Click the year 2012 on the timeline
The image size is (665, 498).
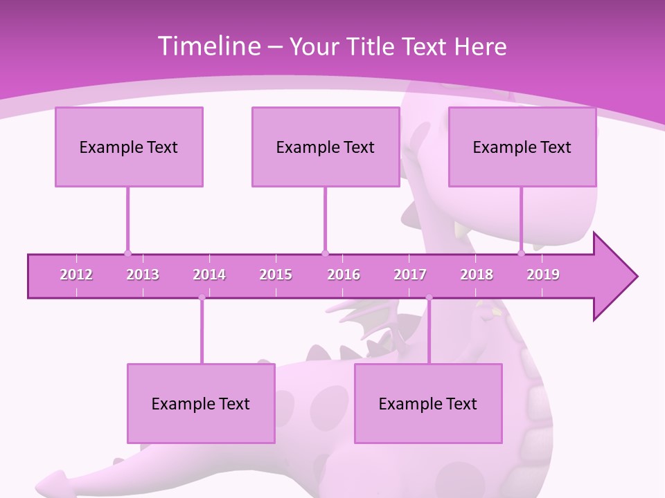coord(76,275)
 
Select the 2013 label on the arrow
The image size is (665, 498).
coord(143,275)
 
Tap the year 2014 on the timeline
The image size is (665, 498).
coord(209,275)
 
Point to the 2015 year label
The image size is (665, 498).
coord(276,275)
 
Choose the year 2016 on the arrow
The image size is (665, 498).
coord(344,275)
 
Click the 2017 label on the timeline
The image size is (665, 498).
coord(410,275)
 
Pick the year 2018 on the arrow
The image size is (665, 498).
coord(477,275)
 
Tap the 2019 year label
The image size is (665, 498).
coord(543,275)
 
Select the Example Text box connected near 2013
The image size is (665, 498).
coord(129,147)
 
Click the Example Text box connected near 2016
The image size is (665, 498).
coord(326,147)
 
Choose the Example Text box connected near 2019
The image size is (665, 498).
coord(522,147)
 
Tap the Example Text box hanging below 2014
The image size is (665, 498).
coord(201,403)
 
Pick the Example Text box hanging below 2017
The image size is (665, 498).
coord(428,403)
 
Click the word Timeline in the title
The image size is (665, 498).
coord(208,46)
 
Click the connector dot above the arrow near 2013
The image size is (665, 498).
coord(127,253)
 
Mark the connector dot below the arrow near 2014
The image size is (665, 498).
coord(202,298)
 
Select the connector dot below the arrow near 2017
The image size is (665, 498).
coord(429,298)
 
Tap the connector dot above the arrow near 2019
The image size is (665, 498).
coord(522,253)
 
